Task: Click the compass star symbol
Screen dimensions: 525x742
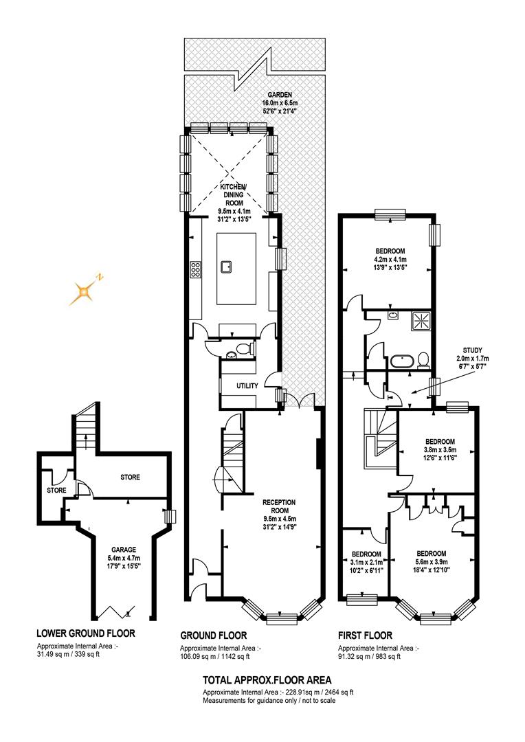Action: pos(83,291)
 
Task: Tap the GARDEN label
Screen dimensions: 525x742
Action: pos(280,95)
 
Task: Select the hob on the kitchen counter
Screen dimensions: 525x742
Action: pos(196,269)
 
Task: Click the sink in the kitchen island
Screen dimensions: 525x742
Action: pos(227,267)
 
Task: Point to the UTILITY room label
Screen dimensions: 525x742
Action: pos(247,385)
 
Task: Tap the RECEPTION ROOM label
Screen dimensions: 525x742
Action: pos(279,506)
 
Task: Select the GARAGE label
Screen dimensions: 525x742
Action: pos(124,550)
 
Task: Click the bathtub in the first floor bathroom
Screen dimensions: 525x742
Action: pos(402,363)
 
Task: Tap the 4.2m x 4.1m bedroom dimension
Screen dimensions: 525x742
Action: pos(390,259)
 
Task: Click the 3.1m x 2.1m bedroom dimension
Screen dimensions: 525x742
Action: pos(366,562)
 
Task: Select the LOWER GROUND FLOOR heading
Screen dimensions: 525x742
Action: pos(86,633)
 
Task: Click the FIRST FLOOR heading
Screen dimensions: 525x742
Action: pos(365,635)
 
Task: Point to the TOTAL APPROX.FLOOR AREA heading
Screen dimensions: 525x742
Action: pos(267,680)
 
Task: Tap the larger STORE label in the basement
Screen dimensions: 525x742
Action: pos(130,477)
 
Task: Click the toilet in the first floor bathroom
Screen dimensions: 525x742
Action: pos(423,360)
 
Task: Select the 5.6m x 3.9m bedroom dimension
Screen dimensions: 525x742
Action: pos(432,562)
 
